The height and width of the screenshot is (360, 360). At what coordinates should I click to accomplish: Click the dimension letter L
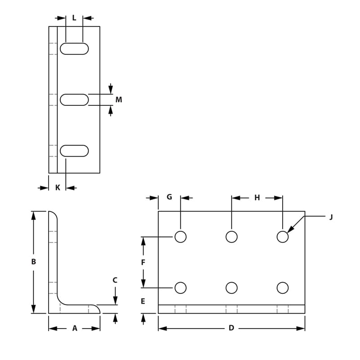[x=74, y=18]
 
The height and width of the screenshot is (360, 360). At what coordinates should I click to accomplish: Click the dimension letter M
[x=119, y=99]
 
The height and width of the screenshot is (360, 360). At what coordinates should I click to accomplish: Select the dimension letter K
[x=58, y=188]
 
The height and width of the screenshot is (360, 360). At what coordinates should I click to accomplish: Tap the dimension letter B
[x=34, y=261]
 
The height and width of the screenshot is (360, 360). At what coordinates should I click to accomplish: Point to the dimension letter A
[x=75, y=328]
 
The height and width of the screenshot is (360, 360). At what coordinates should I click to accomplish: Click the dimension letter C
[x=115, y=280]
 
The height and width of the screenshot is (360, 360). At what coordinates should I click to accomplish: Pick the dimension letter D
[x=231, y=328]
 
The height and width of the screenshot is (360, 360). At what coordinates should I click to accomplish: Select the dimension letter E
[x=143, y=301]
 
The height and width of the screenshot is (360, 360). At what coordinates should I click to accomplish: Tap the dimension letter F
[x=143, y=262]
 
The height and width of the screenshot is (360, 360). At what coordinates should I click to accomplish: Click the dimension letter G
[x=169, y=197]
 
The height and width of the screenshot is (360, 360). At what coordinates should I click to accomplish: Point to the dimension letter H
[x=257, y=198]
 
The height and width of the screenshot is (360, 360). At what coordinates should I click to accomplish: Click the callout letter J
[x=331, y=217]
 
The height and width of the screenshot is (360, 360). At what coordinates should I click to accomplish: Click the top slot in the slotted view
[x=74, y=49]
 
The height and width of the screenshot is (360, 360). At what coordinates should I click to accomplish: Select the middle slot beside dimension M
[x=74, y=99]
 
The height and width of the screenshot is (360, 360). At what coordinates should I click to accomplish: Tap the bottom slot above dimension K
[x=74, y=151]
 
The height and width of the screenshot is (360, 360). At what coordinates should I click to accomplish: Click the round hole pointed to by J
[x=283, y=237]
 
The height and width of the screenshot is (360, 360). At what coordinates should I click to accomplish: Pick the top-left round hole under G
[x=180, y=237]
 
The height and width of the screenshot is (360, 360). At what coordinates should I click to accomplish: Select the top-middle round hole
[x=232, y=237]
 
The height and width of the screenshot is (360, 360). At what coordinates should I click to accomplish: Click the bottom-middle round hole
[x=232, y=288]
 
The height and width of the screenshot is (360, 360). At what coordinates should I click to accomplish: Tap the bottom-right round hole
[x=283, y=288]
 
